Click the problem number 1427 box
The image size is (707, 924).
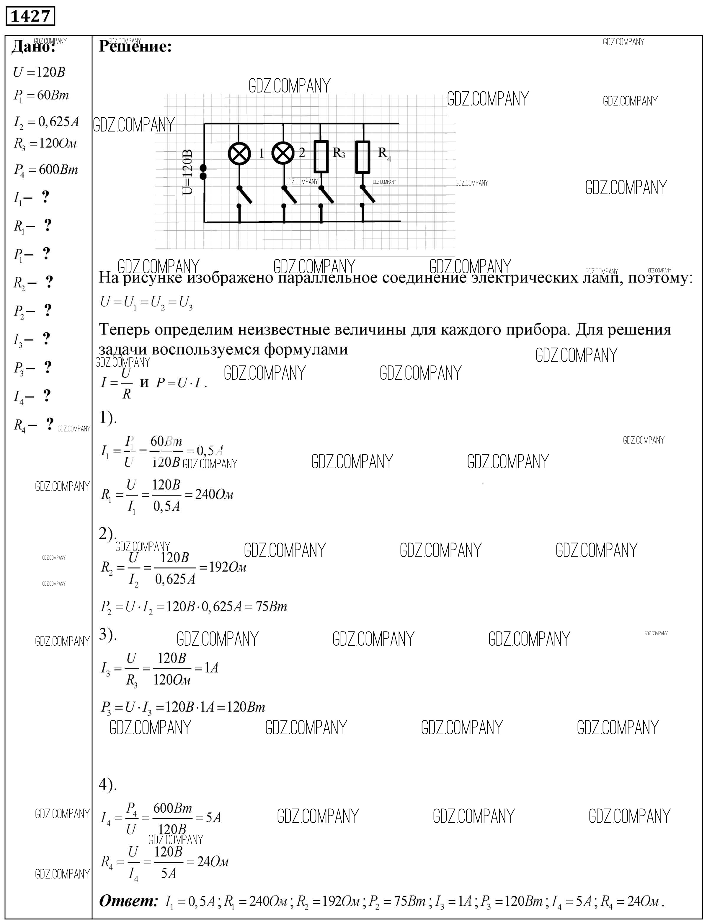[30, 17]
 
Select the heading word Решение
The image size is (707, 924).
[135, 47]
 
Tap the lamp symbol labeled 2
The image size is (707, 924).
[283, 153]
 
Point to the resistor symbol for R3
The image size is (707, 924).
[321, 157]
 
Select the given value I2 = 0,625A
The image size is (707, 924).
[46, 122]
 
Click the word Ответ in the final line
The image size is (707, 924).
[128, 901]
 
